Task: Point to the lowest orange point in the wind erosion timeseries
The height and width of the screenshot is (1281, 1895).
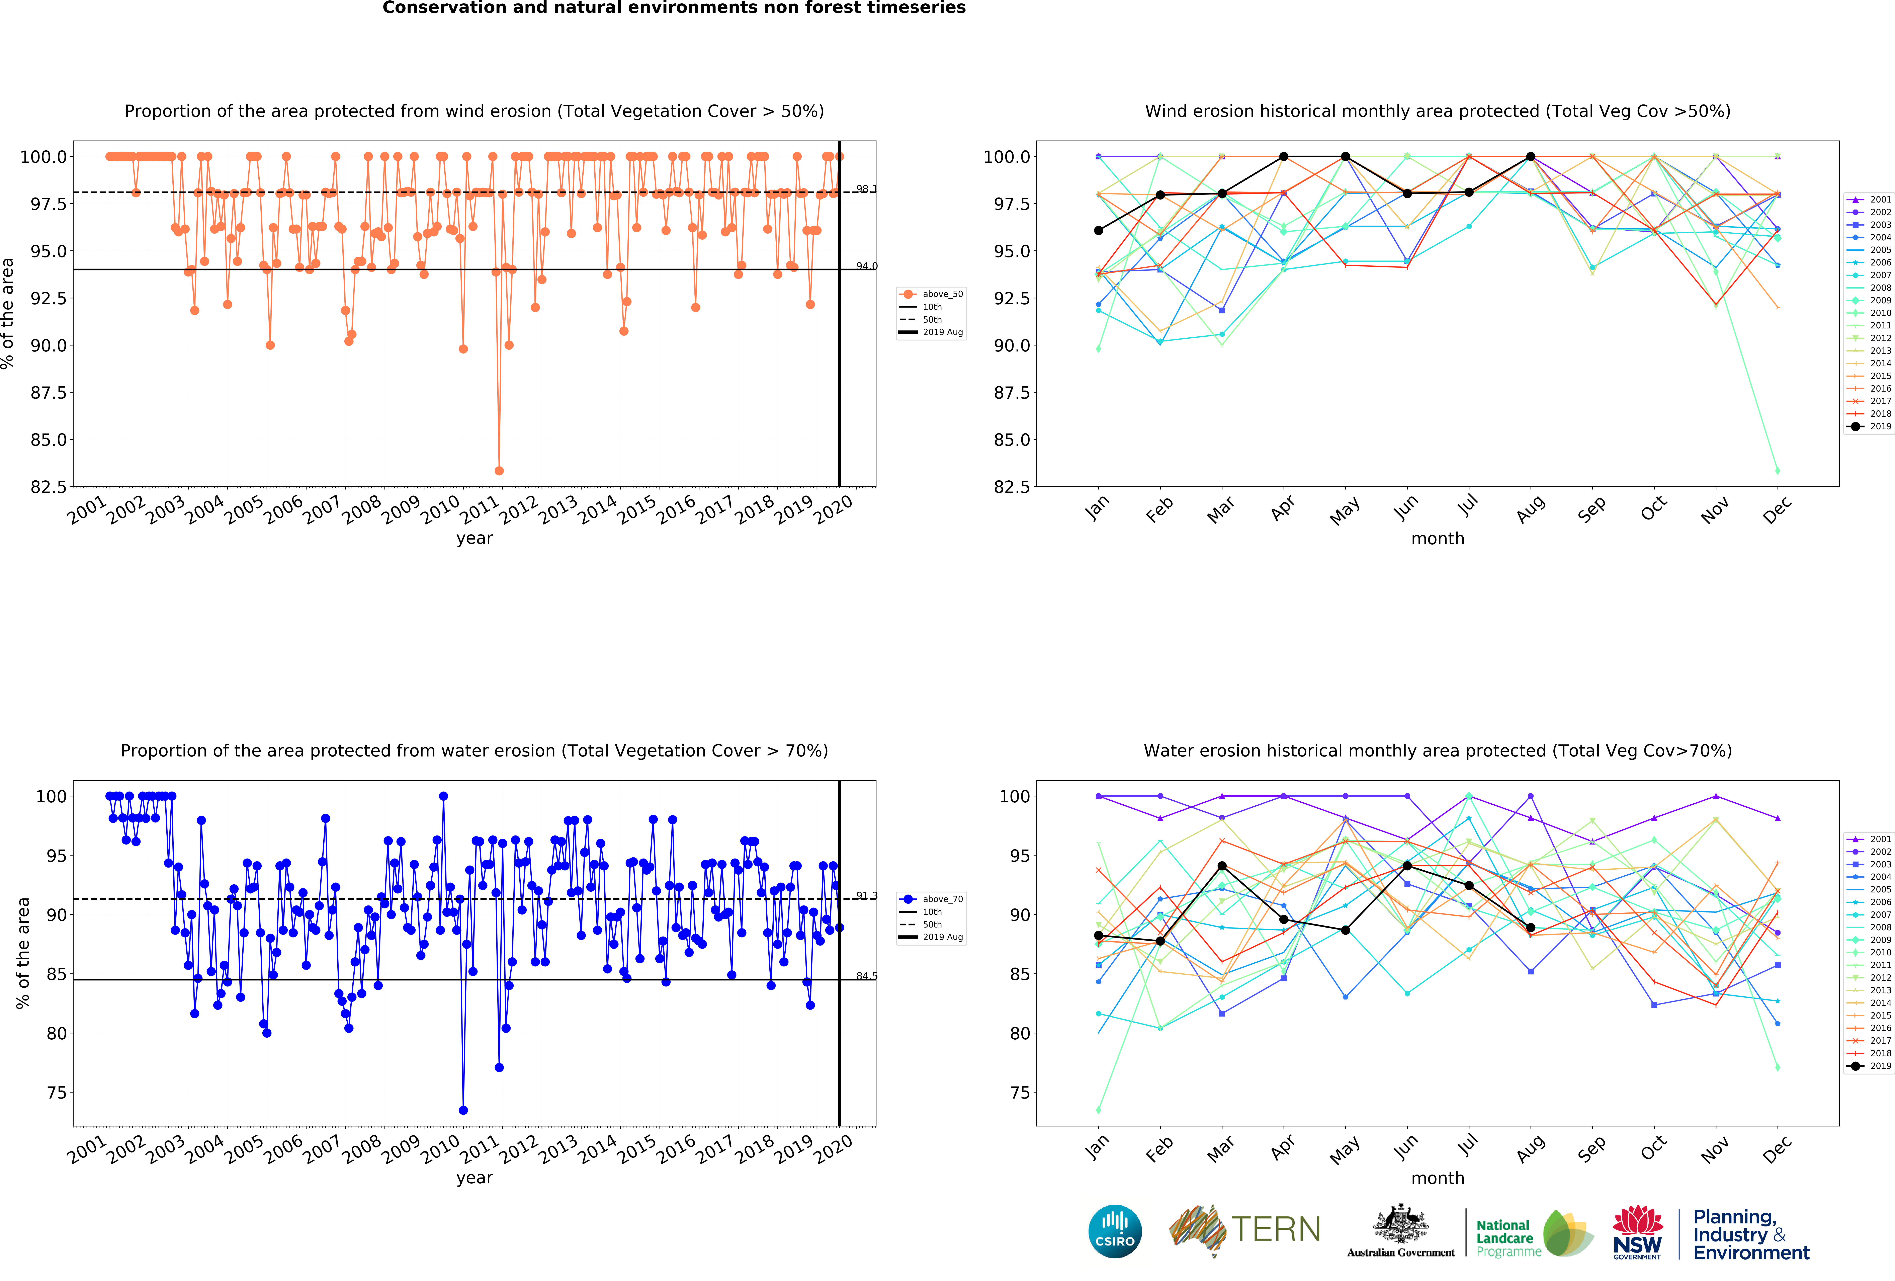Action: pyautogui.click(x=499, y=471)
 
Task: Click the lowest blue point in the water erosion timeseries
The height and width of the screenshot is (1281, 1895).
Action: pyautogui.click(x=463, y=1110)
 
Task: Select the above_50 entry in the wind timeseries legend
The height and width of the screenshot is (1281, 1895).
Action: pyautogui.click(x=942, y=294)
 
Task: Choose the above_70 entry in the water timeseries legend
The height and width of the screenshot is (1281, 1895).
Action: pyautogui.click(x=942, y=899)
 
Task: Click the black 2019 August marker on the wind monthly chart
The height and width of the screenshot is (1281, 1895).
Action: pyautogui.click(x=1531, y=157)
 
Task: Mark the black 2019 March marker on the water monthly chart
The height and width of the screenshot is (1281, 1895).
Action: pyautogui.click(x=1221, y=866)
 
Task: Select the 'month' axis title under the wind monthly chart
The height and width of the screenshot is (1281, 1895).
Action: pyautogui.click(x=1438, y=539)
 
